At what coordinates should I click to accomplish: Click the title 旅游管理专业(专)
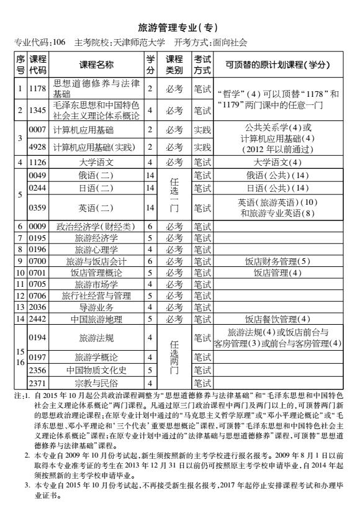179,29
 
